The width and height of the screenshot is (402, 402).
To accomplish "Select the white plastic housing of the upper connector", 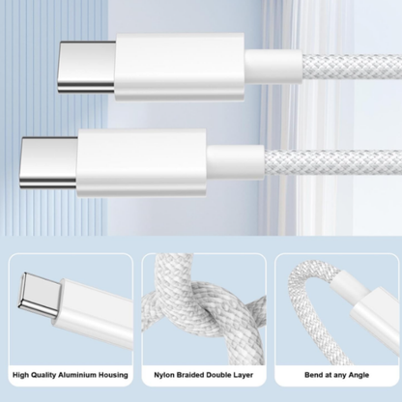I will (x=180, y=66).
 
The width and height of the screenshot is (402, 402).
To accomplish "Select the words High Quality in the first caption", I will (x=34, y=372).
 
